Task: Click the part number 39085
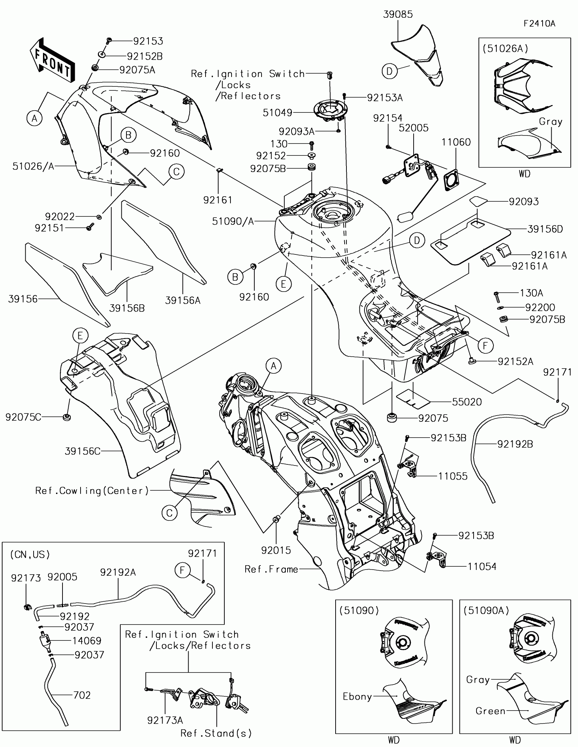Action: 398,14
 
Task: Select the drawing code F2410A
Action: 539,23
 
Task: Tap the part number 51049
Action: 277,113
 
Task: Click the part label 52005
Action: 414,128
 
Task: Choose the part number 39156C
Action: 82,451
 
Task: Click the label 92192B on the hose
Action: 515,444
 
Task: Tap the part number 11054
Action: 482,567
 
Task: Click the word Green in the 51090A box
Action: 490,711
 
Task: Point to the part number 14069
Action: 87,641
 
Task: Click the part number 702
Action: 82,695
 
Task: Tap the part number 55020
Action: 467,402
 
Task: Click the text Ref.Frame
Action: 271,569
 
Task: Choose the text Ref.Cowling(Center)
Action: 92,491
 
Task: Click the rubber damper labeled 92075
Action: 392,417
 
